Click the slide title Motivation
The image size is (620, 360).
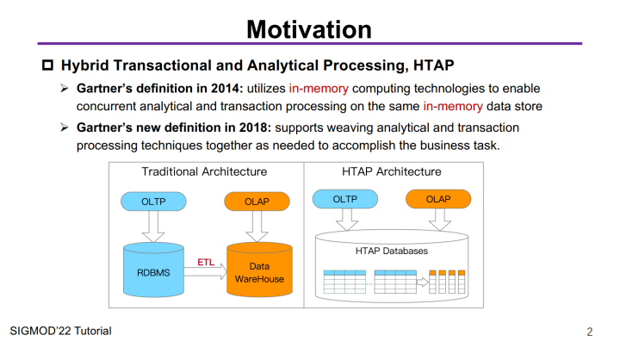click(x=309, y=29)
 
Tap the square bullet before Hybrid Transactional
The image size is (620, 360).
click(x=48, y=65)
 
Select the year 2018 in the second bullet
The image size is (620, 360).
click(x=253, y=127)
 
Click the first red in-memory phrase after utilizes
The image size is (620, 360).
click(x=319, y=88)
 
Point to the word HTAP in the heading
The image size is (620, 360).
click(x=433, y=65)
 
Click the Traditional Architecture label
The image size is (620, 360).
click(x=204, y=171)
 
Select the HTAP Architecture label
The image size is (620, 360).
click(x=392, y=171)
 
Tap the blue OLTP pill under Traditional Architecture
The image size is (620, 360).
click(x=153, y=202)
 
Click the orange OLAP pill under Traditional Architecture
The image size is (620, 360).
click(x=257, y=202)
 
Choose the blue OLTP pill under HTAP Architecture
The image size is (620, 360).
click(x=345, y=199)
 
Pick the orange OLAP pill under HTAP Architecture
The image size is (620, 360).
click(x=438, y=199)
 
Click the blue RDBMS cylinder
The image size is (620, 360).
click(x=153, y=270)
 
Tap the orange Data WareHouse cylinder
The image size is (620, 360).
click(x=259, y=270)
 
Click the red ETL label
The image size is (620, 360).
click(x=206, y=262)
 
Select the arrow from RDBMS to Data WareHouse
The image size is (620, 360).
click(x=206, y=272)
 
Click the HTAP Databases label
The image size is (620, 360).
click(x=392, y=251)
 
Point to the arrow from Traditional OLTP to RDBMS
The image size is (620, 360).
click(x=153, y=227)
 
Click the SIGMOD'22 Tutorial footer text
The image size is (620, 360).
click(x=60, y=331)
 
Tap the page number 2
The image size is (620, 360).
click(x=590, y=332)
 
